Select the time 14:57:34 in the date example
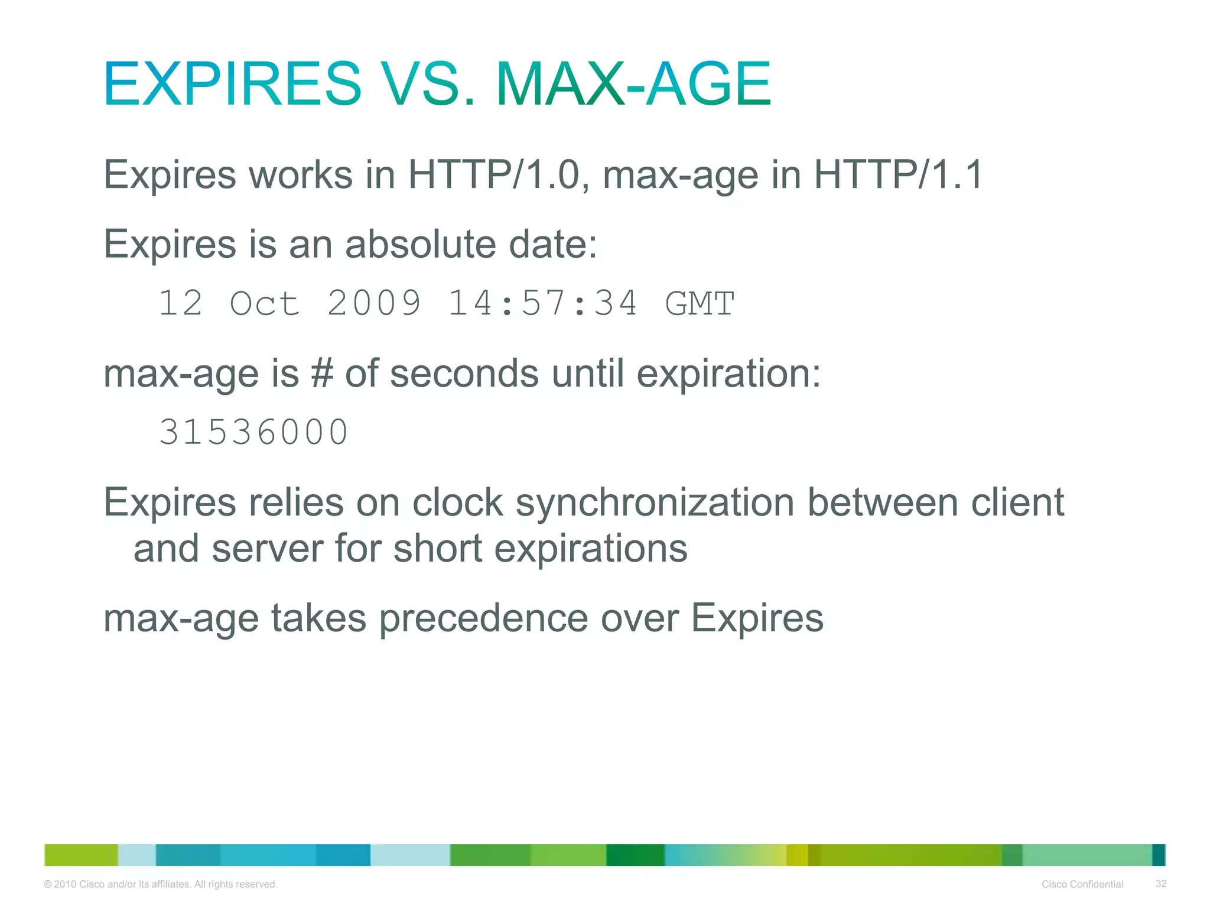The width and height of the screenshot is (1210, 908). pyautogui.click(x=542, y=303)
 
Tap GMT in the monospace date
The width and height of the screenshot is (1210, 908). pyautogui.click(x=700, y=303)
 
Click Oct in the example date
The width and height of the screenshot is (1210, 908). pyautogui.click(x=264, y=303)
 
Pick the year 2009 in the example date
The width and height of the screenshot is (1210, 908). pyautogui.click(x=374, y=303)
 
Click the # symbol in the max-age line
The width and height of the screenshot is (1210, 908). pyautogui.click(x=322, y=374)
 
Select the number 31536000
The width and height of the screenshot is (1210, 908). pyautogui.click(x=254, y=432)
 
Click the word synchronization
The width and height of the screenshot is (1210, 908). pyautogui.click(x=655, y=502)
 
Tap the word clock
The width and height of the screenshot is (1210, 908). pyautogui.click(x=457, y=502)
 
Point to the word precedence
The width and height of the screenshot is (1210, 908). pyautogui.click(x=483, y=618)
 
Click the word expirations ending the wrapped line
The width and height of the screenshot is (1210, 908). pyautogui.click(x=590, y=549)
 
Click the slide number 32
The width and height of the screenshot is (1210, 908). pyautogui.click(x=1160, y=884)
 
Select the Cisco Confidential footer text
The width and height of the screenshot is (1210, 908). pyautogui.click(x=1082, y=884)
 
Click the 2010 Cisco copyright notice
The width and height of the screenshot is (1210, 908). pyautogui.click(x=161, y=884)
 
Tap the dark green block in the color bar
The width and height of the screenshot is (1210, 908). pyautogui.click(x=635, y=855)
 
